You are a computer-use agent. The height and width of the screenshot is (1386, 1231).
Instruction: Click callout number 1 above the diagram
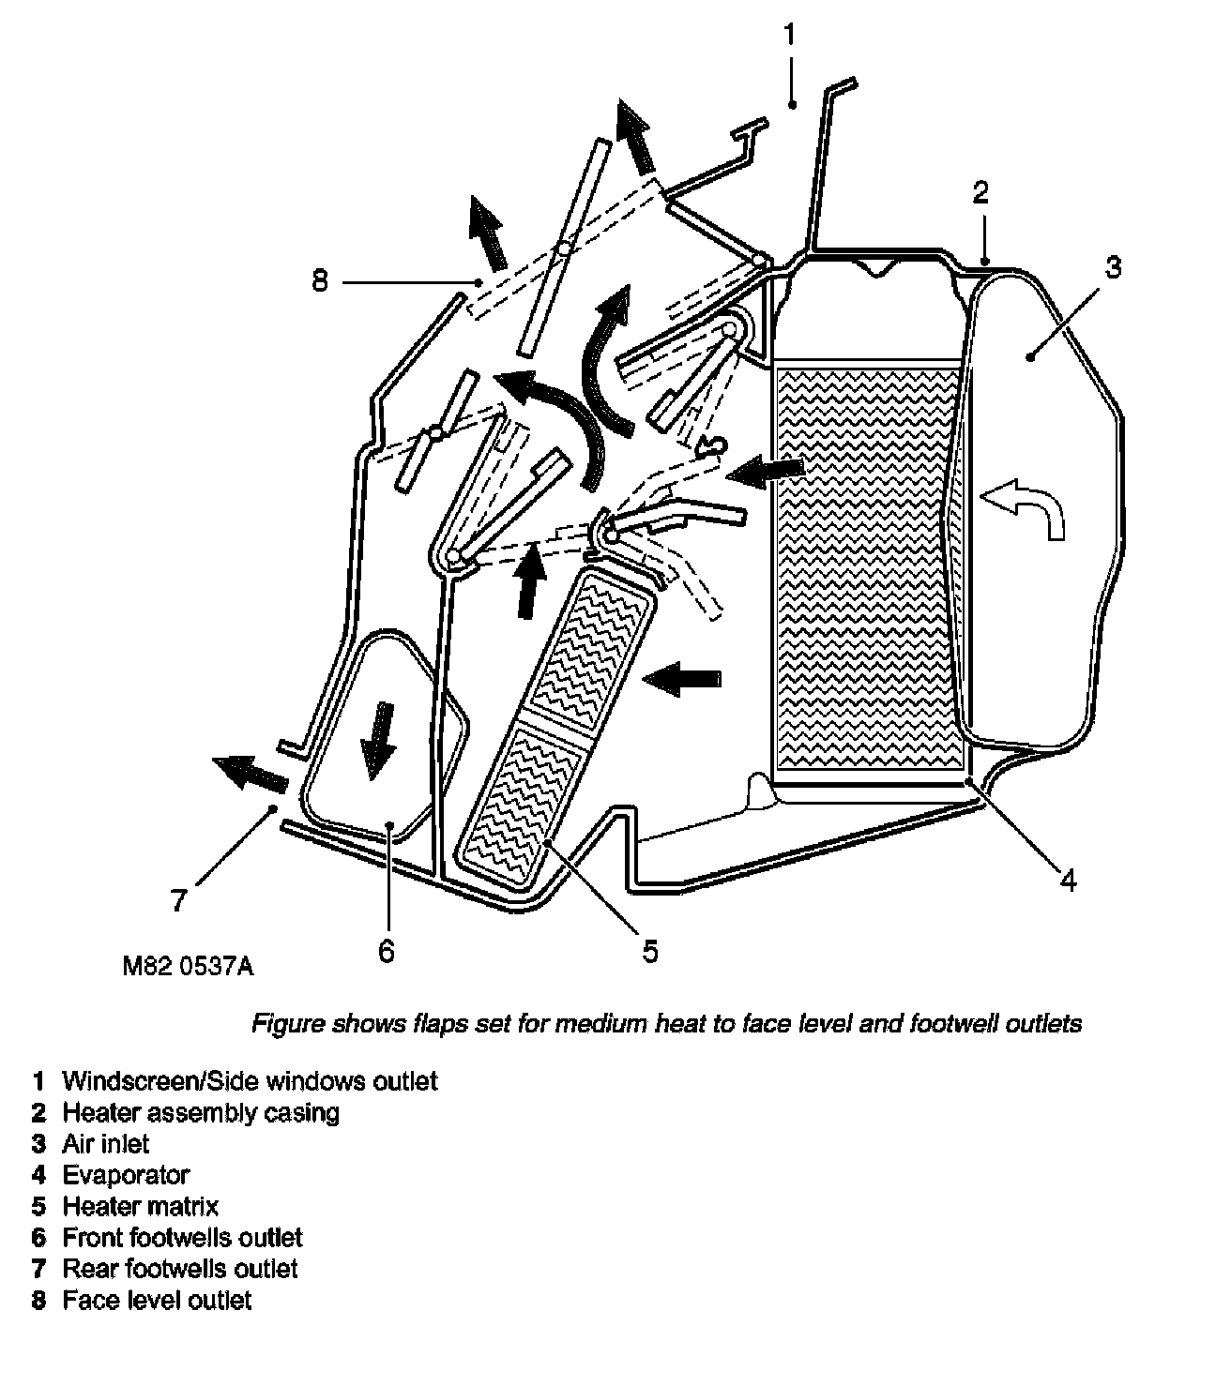click(790, 36)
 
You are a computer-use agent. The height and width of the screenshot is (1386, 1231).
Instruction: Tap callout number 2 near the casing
click(980, 193)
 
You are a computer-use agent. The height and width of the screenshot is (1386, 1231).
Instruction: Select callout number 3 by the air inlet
click(1111, 268)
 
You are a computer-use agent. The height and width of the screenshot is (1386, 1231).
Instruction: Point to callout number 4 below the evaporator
click(1068, 880)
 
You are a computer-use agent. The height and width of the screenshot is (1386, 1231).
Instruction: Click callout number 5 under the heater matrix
click(650, 951)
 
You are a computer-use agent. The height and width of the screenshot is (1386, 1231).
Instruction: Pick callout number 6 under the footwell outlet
click(387, 951)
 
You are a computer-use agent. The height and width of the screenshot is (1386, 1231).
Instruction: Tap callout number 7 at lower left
click(180, 900)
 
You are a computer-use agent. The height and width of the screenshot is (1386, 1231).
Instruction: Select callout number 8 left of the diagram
click(321, 280)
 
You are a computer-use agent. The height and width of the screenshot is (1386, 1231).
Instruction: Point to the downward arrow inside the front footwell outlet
click(378, 740)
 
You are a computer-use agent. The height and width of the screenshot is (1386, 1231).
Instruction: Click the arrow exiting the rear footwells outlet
click(249, 773)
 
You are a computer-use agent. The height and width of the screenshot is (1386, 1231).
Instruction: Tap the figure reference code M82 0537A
click(188, 967)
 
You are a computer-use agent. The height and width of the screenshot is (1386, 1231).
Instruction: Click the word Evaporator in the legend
click(126, 1175)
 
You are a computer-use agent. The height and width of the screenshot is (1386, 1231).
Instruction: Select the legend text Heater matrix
click(140, 1206)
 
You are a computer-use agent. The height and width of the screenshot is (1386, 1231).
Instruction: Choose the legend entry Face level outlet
click(157, 1301)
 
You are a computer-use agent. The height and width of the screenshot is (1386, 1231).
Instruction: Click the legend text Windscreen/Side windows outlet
click(250, 1081)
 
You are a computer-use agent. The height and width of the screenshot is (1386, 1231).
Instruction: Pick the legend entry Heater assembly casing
click(201, 1113)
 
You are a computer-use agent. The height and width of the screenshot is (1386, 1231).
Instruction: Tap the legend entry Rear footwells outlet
click(179, 1269)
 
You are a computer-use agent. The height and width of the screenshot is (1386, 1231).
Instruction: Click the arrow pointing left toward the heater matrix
click(684, 676)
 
